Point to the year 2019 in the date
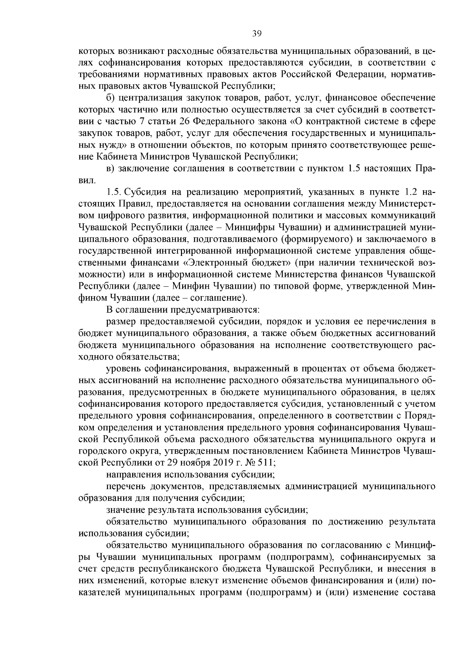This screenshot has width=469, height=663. (x=224, y=463)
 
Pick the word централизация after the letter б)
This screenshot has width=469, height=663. (x=149, y=98)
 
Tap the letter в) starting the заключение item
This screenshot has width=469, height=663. (x=111, y=168)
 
